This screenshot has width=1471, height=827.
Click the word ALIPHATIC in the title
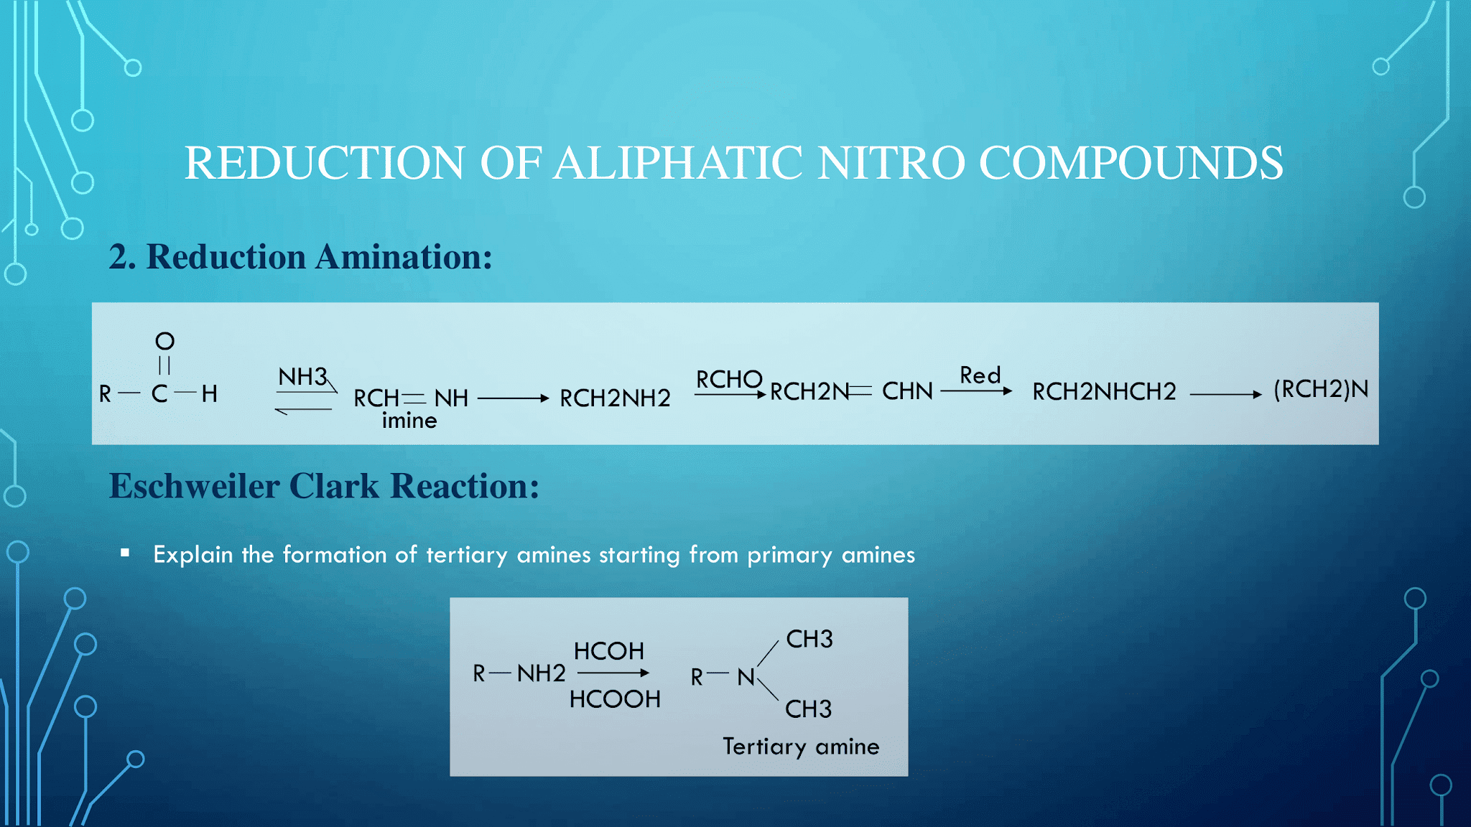[x=677, y=163]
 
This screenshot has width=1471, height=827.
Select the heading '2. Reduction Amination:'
[x=300, y=257]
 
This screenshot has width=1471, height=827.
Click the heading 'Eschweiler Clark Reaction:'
[x=324, y=486]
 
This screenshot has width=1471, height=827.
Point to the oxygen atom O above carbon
[x=164, y=341]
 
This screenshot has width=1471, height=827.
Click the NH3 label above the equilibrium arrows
[x=302, y=376]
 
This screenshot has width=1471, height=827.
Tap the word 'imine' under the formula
[x=409, y=421]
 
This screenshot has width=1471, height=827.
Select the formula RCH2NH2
[x=615, y=398]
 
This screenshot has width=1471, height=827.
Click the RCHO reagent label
[x=728, y=379]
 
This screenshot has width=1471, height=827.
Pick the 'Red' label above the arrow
[x=980, y=375]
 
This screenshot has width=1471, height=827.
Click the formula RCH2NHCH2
[x=1104, y=391]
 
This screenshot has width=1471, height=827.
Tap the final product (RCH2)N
[x=1320, y=389]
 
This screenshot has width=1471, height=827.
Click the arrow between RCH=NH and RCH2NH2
[x=513, y=398]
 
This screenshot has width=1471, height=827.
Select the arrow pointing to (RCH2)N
[x=1225, y=394]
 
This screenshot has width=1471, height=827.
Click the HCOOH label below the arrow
[x=614, y=699]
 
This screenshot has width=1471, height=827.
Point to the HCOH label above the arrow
[x=608, y=651]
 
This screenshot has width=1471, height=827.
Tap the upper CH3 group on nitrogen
[x=809, y=639]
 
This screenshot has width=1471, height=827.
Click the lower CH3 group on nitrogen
[x=808, y=709]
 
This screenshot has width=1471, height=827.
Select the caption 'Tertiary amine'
[x=801, y=747]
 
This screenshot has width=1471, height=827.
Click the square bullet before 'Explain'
[x=125, y=553]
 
